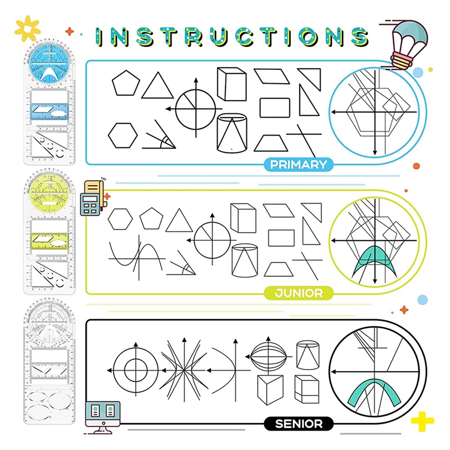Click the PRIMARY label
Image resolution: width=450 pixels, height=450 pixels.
point(298,165)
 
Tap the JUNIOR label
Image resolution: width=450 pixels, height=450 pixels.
point(298,293)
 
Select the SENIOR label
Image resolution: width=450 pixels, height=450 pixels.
point(298,424)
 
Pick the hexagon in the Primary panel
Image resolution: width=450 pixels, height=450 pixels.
point(123,135)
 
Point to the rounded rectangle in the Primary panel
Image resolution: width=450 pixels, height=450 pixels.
point(275,107)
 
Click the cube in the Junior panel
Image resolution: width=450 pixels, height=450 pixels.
point(243,217)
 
